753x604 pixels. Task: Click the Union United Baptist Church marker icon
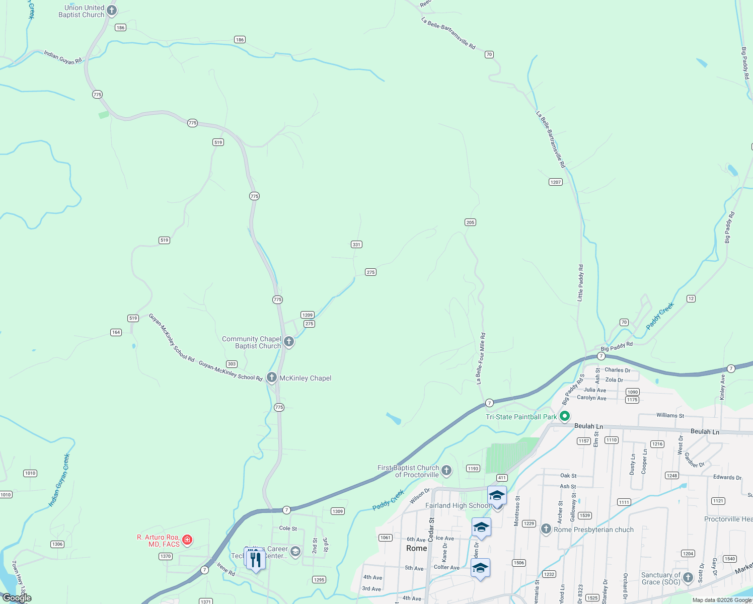pyautogui.click(x=112, y=11)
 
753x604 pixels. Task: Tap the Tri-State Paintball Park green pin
pyautogui.click(x=565, y=416)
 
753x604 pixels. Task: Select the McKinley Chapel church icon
pyautogui.click(x=272, y=377)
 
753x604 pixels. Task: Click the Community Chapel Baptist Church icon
pyautogui.click(x=289, y=342)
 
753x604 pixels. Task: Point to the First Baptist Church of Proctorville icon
pyautogui.click(x=446, y=471)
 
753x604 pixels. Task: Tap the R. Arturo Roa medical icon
pyautogui.click(x=187, y=540)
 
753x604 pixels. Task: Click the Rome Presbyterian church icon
pyautogui.click(x=546, y=529)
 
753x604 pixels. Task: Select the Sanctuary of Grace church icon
pyautogui.click(x=688, y=578)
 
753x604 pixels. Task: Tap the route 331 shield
pyautogui.click(x=356, y=245)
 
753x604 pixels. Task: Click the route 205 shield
pyautogui.click(x=470, y=222)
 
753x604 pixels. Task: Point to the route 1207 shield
pyautogui.click(x=556, y=182)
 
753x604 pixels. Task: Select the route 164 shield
pyautogui.click(x=116, y=332)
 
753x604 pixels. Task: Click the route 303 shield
pyautogui.click(x=232, y=364)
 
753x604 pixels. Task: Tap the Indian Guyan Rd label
pyautogui.click(x=63, y=57)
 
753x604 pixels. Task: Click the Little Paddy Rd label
pyautogui.click(x=580, y=283)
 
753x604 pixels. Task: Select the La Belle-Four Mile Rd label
pyautogui.click(x=481, y=358)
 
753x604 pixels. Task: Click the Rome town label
pyautogui.click(x=416, y=548)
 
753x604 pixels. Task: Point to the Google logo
pyautogui.click(x=17, y=597)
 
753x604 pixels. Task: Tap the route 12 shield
pyautogui.click(x=691, y=299)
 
